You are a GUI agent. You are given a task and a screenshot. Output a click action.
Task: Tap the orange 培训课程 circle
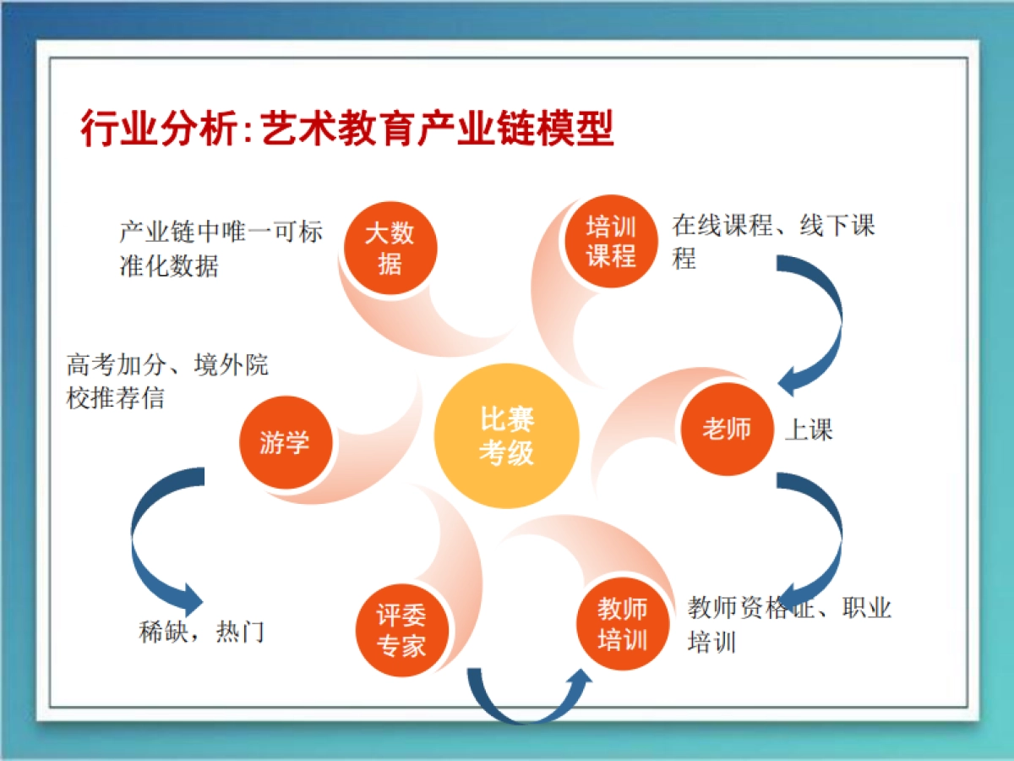(611, 242)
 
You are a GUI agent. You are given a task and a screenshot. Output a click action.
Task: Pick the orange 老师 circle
(726, 429)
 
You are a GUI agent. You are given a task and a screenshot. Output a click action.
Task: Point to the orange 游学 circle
(285, 442)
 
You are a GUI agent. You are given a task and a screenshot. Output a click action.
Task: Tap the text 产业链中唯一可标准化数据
(220, 249)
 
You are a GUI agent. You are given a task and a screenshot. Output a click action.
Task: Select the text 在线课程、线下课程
(773, 241)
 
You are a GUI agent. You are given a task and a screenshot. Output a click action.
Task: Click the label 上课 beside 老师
(809, 430)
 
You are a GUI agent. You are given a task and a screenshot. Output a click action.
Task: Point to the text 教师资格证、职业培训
(789, 624)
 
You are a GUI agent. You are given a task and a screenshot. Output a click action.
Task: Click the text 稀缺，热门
(202, 631)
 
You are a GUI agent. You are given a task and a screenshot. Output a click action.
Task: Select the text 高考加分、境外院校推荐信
(167, 381)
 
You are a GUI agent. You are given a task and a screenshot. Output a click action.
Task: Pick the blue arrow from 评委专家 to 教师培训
(528, 702)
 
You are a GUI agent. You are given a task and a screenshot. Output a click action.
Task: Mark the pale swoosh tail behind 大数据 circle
(406, 317)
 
